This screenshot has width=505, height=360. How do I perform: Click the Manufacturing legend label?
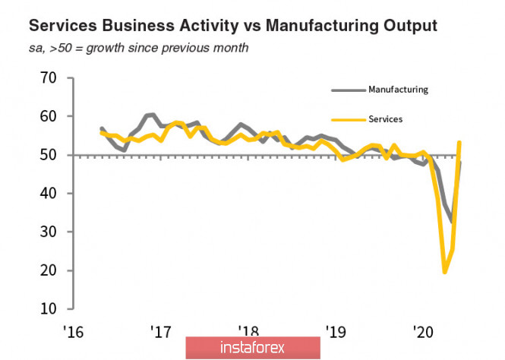tap(398, 90)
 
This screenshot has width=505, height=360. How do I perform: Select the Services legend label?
tap(385, 118)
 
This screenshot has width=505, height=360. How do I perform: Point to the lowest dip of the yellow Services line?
tap(444, 272)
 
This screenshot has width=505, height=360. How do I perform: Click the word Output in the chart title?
tap(409, 26)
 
